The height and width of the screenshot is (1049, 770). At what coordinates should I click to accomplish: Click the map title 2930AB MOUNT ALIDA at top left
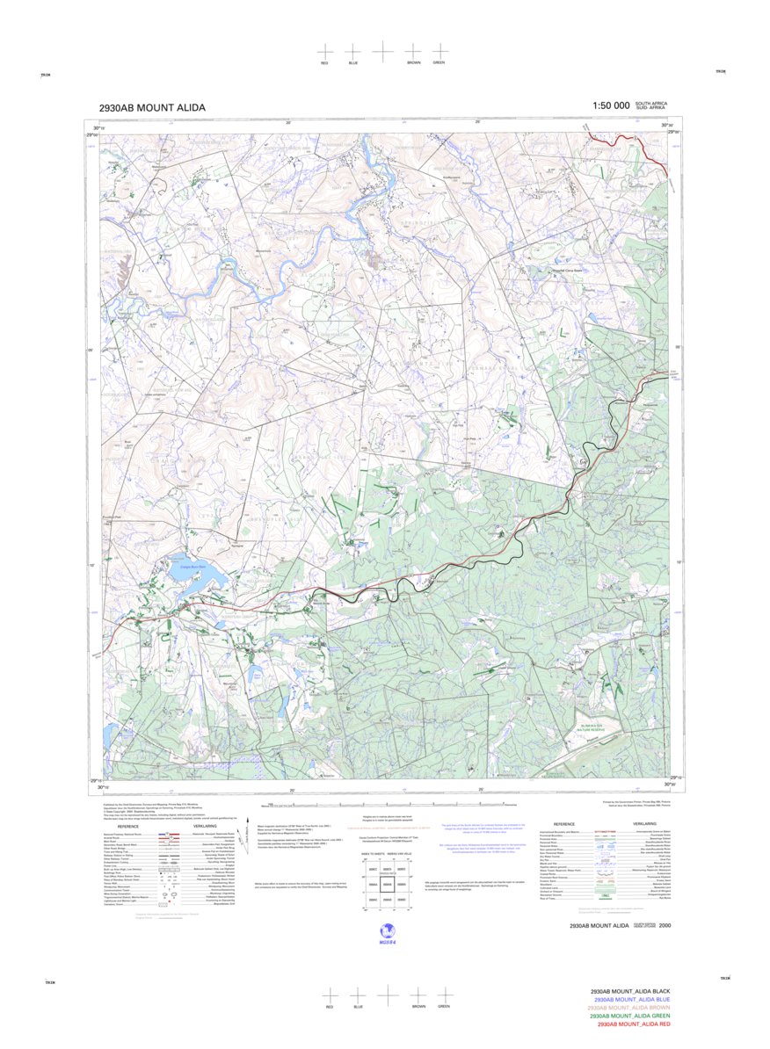click(153, 108)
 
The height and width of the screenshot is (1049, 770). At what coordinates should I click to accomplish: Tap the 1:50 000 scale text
click(611, 105)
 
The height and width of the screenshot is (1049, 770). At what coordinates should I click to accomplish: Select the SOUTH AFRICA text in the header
click(651, 103)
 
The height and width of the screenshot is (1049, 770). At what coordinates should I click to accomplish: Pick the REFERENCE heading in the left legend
click(128, 827)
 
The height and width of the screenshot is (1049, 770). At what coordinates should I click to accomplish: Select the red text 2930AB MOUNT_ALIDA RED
click(632, 1024)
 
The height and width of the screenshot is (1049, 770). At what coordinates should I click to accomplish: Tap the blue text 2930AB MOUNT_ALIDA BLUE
click(632, 999)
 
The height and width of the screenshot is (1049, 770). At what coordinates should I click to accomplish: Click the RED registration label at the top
click(324, 64)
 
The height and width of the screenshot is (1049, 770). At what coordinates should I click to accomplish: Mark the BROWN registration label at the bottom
click(418, 1006)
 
